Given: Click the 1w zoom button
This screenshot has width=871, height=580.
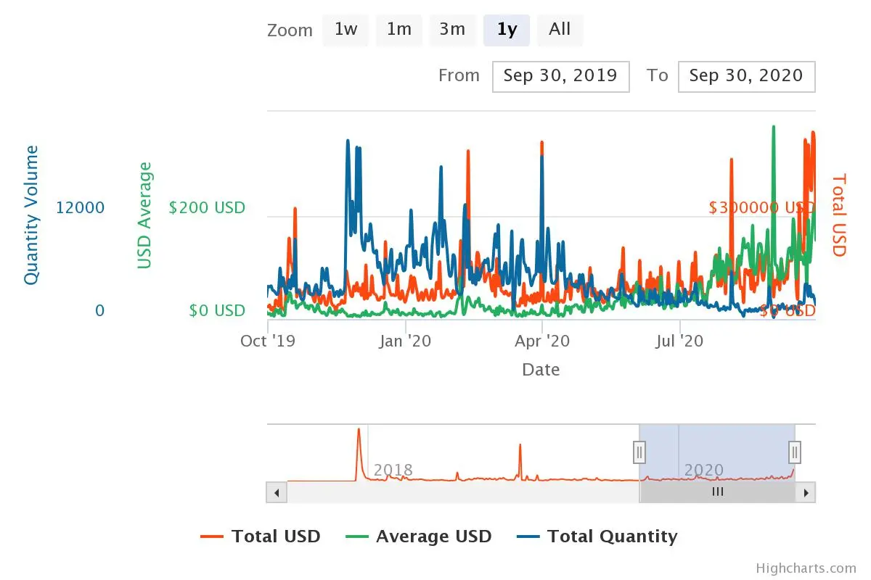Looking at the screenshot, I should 345,30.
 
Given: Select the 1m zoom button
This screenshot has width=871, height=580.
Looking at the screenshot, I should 398,30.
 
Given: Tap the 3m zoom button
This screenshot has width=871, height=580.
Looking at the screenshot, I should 452,30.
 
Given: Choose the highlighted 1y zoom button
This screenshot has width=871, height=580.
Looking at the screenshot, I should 507,30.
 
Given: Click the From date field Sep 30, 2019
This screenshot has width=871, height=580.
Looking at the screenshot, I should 560,76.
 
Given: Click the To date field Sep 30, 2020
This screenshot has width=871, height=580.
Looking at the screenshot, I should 746,76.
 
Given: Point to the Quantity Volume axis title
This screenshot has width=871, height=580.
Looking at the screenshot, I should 31,215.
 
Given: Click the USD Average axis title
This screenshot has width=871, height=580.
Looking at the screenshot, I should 145,215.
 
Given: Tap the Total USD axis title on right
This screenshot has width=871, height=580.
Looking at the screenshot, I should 839,215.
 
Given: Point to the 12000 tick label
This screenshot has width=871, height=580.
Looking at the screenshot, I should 81,208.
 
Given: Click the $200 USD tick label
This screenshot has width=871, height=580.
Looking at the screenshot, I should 207,208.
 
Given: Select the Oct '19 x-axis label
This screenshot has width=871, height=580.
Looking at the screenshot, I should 268,340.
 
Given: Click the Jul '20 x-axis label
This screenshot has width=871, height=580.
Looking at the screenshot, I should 679,340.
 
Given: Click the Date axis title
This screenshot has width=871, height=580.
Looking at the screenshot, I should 541,370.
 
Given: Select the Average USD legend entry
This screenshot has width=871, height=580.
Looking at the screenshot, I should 433,536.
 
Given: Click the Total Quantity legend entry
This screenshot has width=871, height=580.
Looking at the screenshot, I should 611,536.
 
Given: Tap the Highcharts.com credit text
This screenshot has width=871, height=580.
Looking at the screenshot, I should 806,568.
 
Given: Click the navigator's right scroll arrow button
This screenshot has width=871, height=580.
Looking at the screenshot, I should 805,492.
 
